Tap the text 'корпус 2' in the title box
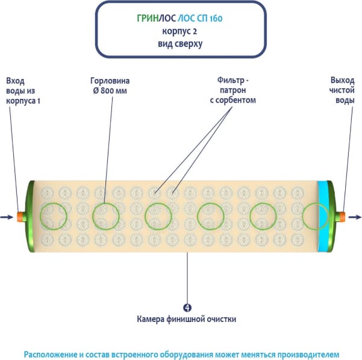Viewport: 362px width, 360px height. tap(181, 31)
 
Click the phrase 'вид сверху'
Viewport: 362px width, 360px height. tap(181, 43)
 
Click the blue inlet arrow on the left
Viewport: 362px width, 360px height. tap(6, 216)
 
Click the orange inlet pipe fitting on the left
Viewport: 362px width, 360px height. tap(20, 216)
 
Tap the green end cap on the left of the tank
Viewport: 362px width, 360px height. tap(28, 216)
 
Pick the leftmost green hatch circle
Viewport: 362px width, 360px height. tap(54, 216)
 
